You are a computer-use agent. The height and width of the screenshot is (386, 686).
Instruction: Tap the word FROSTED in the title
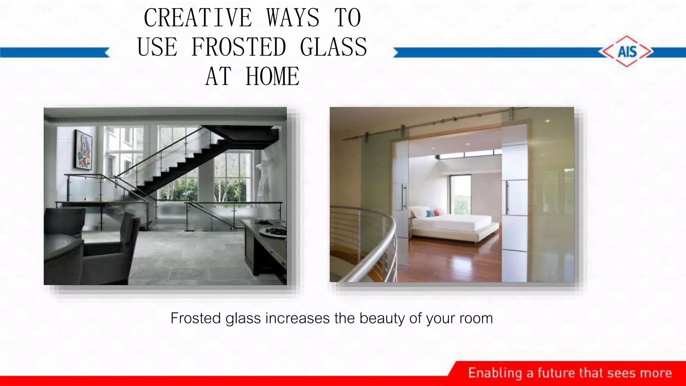tap(238, 47)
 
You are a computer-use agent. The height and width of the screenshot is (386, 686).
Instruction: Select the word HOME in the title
tap(272, 76)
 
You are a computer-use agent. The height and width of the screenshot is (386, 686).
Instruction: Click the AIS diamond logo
tap(627, 52)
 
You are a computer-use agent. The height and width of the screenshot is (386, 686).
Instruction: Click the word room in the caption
tap(476, 318)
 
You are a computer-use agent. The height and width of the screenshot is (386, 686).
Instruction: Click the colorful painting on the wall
tap(83, 150)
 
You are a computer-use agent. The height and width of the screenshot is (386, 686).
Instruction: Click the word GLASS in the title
tap(334, 47)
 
